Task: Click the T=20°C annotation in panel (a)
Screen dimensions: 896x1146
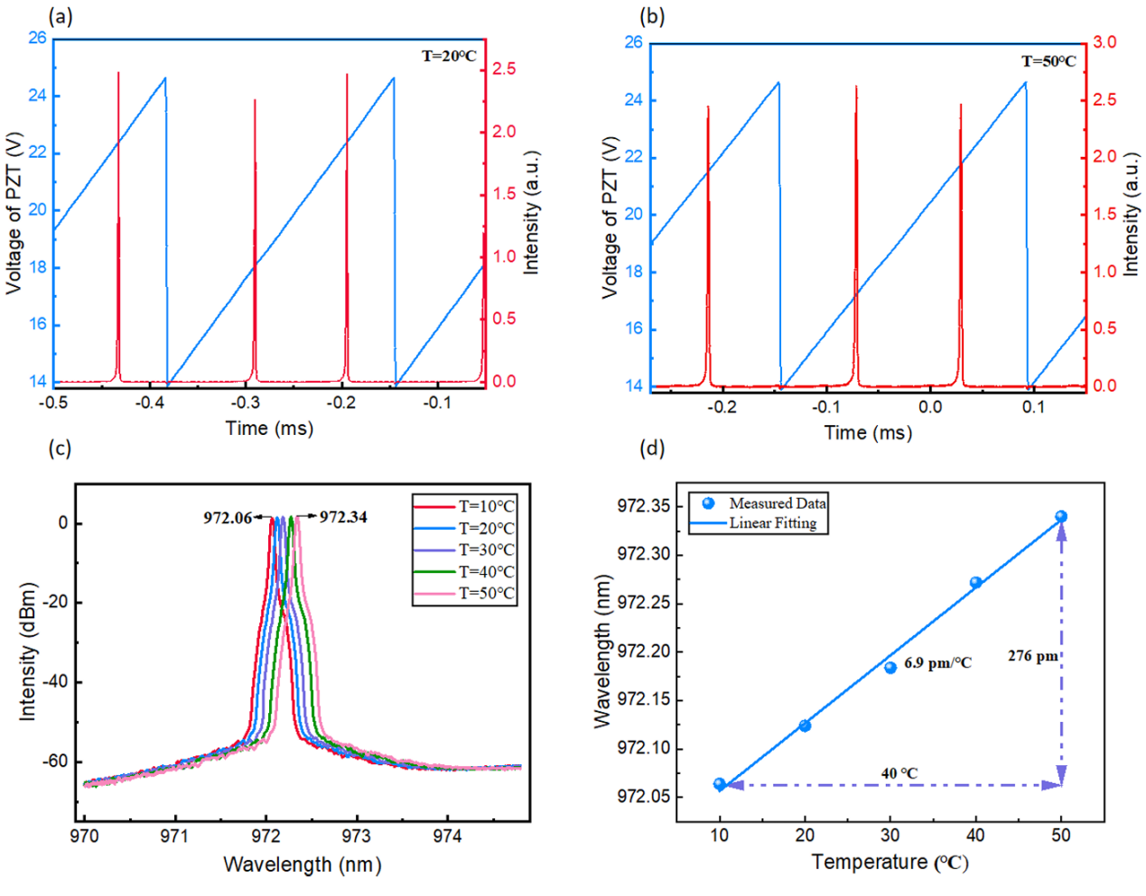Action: coord(449,56)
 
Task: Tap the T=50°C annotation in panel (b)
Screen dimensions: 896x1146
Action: coord(1048,61)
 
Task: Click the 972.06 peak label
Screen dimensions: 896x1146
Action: coord(228,518)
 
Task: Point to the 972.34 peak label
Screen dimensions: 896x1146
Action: coord(343,517)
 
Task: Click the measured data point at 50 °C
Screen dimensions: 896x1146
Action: coord(1061,517)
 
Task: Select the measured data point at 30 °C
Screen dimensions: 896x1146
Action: coord(890,668)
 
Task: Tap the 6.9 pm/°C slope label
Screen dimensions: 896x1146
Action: coord(937,663)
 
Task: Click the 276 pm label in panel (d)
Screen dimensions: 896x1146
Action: coord(1033,656)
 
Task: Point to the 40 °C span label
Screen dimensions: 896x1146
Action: coord(899,773)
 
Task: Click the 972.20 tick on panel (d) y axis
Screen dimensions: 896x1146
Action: coord(644,651)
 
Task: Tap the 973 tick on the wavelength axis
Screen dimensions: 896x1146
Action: coord(357,836)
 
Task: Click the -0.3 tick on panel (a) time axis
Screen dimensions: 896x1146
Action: coord(246,402)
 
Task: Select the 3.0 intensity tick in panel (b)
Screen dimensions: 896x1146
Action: coord(1104,42)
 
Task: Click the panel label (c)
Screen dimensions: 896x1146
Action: coord(60,448)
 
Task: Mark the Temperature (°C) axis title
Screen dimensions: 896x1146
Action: coord(890,863)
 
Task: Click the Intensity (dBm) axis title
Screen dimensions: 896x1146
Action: coord(28,652)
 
